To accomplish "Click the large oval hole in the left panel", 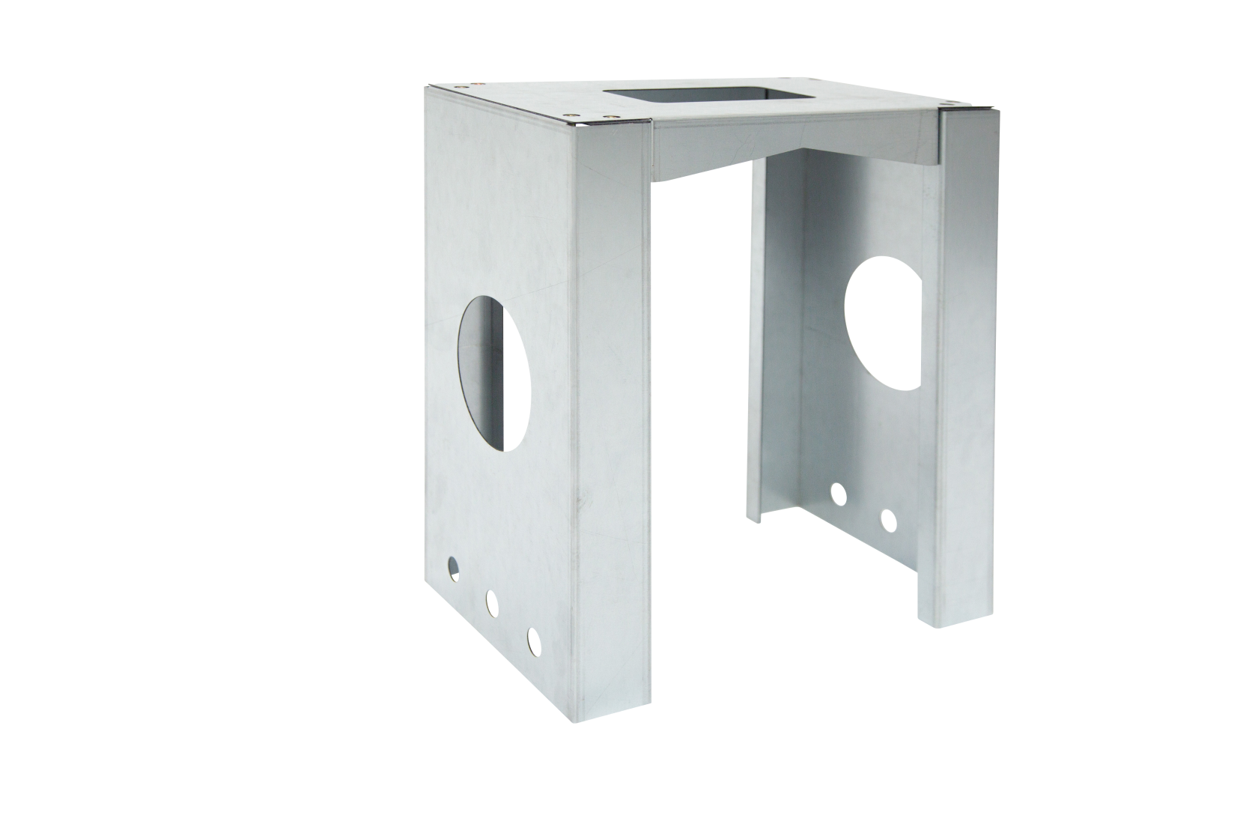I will coord(494,373).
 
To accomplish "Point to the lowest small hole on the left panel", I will coord(533,639).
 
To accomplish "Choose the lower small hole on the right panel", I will coord(888,521).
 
